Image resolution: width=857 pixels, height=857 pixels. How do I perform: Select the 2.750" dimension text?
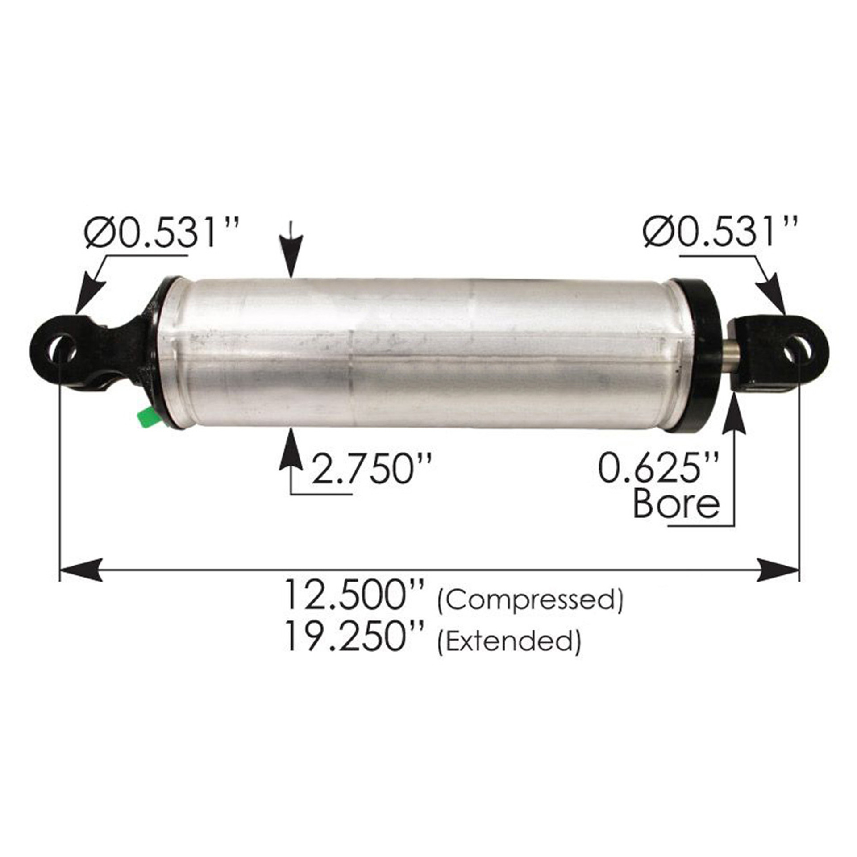pos(371,468)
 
